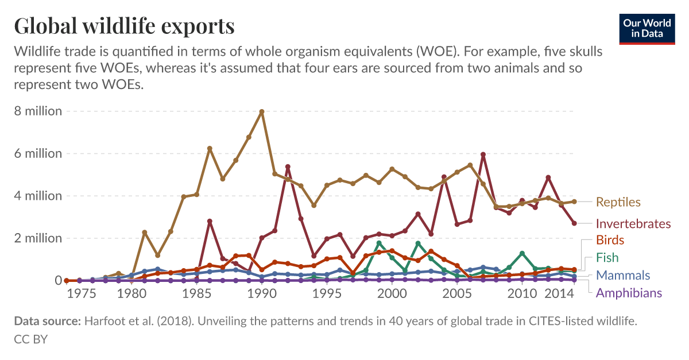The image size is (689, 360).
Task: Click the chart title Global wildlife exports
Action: click(124, 26)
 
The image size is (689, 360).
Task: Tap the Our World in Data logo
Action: click(648, 28)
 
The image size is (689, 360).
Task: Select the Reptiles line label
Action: click(618, 202)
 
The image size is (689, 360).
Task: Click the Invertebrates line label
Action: click(633, 223)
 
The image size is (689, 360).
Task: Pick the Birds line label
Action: click(610, 239)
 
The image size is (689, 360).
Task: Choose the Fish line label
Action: click(607, 258)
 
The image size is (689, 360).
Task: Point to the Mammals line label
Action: click(623, 275)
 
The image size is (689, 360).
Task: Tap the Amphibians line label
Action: click(629, 293)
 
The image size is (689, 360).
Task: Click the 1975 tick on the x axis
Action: click(81, 294)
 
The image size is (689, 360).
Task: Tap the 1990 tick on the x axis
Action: click(262, 294)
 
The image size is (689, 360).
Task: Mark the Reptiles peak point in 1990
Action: click(262, 111)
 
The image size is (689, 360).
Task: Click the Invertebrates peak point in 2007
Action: click(483, 154)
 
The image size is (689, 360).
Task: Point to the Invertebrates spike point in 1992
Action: click(288, 167)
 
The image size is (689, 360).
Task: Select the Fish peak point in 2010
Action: click(522, 253)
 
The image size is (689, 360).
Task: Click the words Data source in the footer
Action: click(47, 322)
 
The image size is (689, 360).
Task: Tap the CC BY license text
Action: click(30, 339)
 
